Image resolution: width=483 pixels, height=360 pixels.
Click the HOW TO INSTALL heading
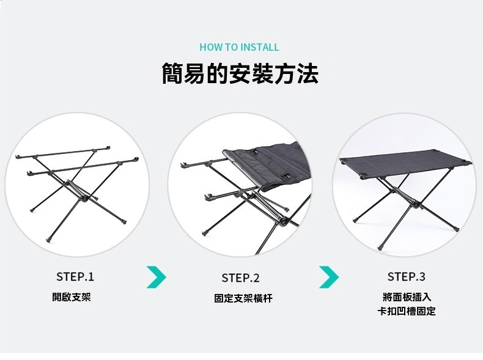(x=239, y=47)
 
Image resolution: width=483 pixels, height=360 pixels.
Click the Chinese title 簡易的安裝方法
(x=240, y=73)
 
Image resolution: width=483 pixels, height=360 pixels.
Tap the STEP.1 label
(x=75, y=276)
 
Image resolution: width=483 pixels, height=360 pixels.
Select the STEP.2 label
(x=240, y=277)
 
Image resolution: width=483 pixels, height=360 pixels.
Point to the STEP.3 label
(x=407, y=276)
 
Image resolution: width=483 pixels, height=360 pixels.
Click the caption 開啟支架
(x=72, y=297)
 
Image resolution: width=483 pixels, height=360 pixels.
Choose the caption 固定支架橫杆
(x=243, y=298)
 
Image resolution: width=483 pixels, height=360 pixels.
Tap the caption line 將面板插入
(x=407, y=297)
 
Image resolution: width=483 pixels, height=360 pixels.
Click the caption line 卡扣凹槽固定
(x=407, y=311)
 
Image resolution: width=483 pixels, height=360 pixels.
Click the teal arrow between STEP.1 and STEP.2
(x=157, y=277)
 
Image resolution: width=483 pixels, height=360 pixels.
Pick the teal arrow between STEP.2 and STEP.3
(x=330, y=277)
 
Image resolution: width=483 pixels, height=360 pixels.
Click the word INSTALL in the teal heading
(x=260, y=47)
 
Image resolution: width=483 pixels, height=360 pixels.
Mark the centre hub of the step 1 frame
(x=83, y=198)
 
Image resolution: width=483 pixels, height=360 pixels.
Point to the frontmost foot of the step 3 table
(x=380, y=248)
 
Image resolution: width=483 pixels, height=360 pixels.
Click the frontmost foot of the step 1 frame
(x=48, y=240)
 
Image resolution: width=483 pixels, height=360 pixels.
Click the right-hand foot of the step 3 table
(x=456, y=229)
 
